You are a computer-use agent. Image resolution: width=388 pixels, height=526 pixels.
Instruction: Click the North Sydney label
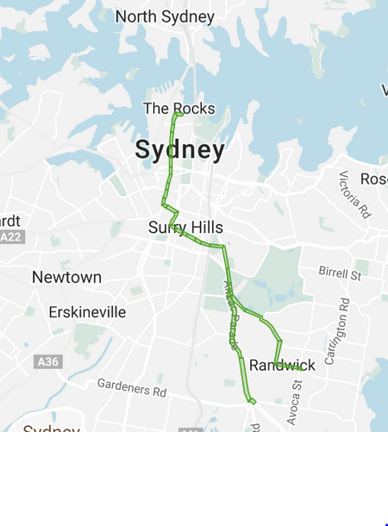coord(165,16)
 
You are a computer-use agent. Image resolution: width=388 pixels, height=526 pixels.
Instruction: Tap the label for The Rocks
coord(178,109)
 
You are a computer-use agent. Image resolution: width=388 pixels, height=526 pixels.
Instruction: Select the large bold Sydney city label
coord(179,151)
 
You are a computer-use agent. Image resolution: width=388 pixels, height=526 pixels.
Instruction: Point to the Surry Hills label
coord(185,228)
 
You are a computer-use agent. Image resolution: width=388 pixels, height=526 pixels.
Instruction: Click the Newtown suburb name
coord(66,277)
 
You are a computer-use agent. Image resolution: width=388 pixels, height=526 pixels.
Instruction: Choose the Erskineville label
coord(87,311)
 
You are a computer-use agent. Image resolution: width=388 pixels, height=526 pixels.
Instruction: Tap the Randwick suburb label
coord(282,366)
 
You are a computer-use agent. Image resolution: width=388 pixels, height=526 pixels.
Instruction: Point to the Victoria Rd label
coord(354,194)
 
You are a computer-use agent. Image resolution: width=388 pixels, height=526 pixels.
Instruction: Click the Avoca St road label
coord(297,397)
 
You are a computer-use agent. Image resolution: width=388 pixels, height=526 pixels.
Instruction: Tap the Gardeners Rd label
coord(131,387)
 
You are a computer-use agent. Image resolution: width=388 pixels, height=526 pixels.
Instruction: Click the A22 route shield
coord(10,236)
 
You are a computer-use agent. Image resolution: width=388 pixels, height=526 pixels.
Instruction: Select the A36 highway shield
coord(48,362)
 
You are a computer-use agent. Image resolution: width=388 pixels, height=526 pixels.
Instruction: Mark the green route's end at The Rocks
coord(178,113)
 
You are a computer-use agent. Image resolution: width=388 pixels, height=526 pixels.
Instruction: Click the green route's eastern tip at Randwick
coord(300,368)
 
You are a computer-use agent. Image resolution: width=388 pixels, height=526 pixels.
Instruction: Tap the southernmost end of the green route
coord(253,401)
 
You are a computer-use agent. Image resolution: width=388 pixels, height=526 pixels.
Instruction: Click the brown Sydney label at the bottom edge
coord(51,429)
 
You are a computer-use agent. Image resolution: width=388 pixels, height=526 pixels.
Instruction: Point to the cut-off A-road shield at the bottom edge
coord(191,430)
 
